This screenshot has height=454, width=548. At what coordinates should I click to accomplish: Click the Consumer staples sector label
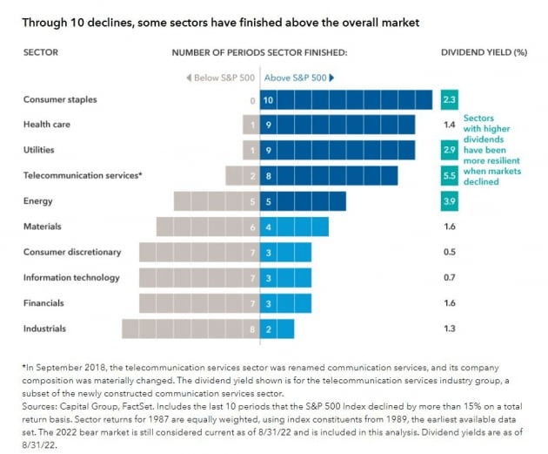point(60,99)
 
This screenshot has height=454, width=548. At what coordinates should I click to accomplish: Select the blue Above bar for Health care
point(337,125)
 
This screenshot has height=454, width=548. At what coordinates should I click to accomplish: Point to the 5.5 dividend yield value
point(449,176)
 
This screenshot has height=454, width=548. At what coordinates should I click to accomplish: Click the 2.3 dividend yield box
point(449,99)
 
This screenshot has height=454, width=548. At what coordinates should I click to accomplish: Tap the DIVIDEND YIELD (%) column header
point(484,52)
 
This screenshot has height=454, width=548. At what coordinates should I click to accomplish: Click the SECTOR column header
point(40,52)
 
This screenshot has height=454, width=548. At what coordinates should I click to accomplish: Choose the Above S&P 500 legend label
point(297,78)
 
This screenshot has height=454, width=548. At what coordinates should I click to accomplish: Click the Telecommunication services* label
point(83,175)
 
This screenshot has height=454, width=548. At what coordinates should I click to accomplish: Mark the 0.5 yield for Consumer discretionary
point(449,252)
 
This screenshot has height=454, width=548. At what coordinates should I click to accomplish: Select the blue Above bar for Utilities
point(337,151)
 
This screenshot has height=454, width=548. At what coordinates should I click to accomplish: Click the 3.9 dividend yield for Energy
point(449,201)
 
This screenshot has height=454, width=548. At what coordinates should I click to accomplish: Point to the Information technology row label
point(71,277)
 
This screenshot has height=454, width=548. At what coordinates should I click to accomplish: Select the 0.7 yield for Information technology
point(449,277)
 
